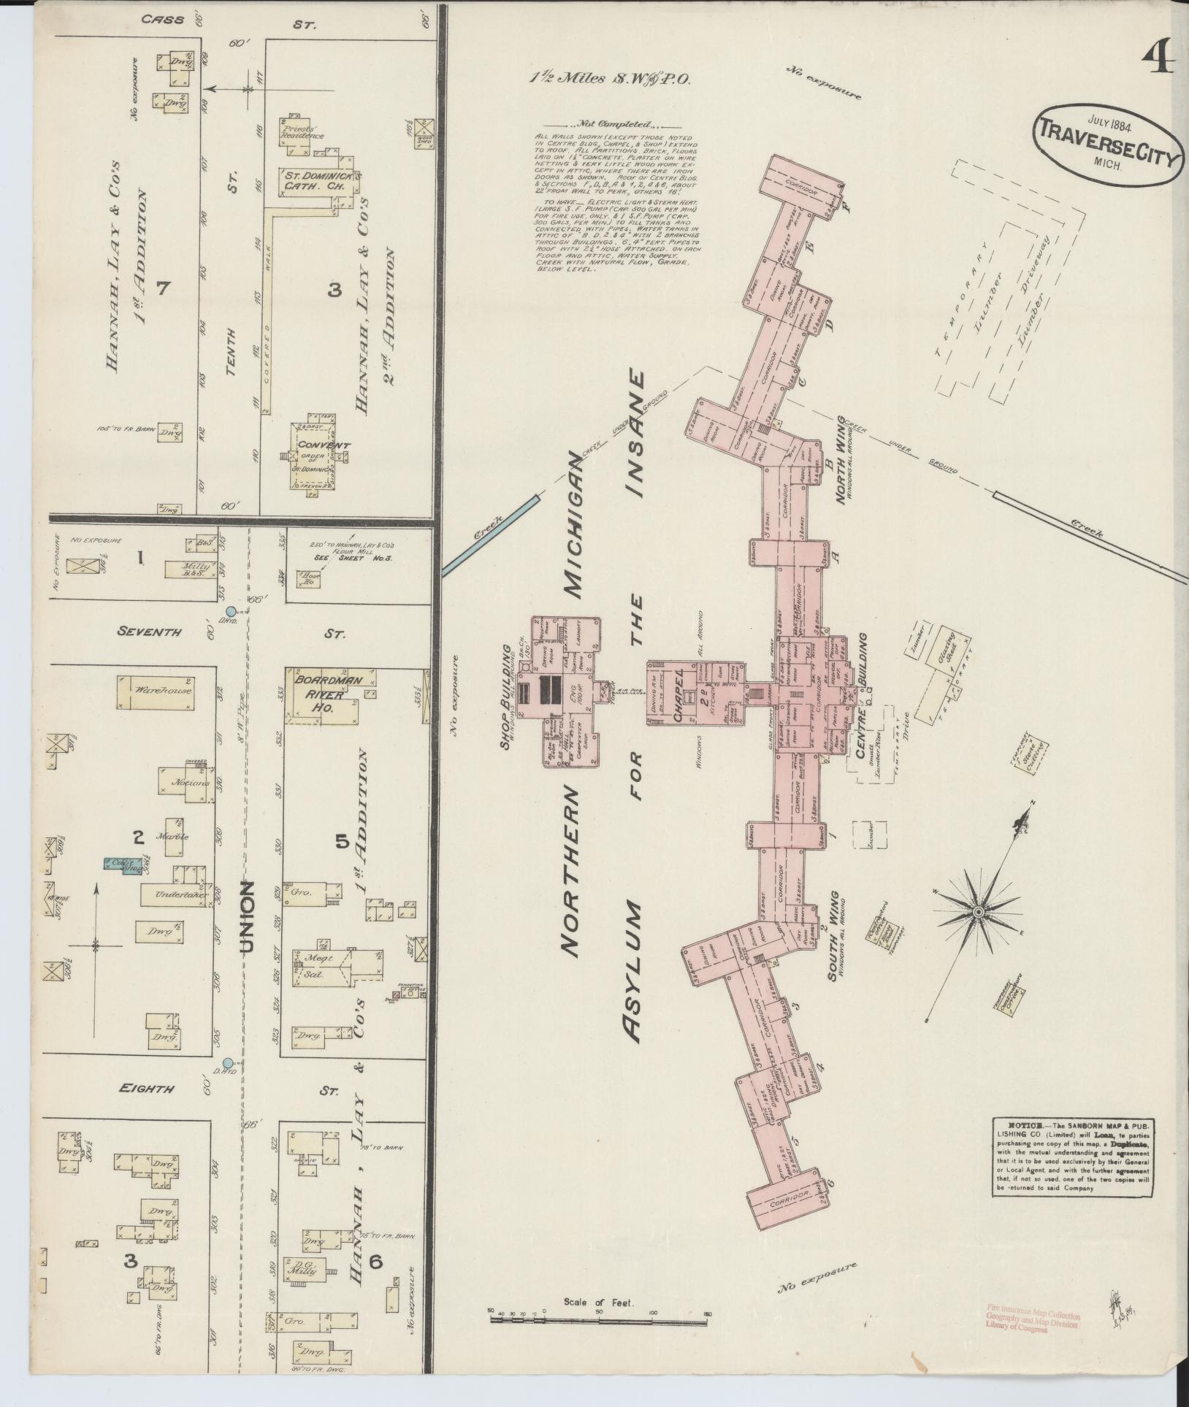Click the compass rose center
[x=977, y=913]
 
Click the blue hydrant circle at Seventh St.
[x=231, y=611]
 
